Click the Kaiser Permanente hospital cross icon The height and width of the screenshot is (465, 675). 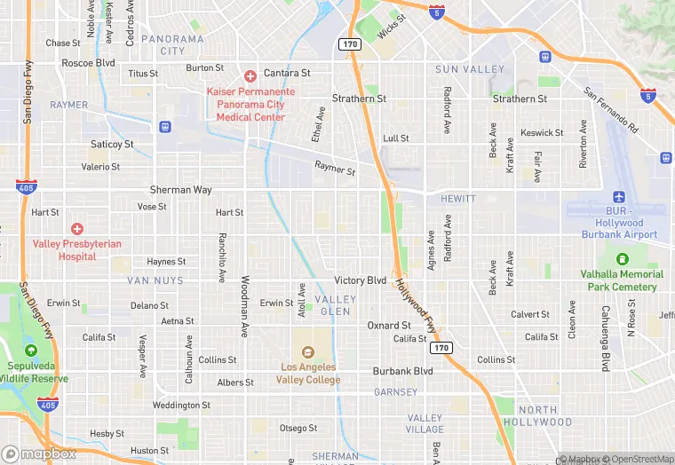coord(250,76)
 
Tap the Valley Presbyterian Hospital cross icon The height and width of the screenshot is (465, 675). coord(77,229)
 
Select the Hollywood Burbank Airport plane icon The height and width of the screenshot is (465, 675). coord(619,197)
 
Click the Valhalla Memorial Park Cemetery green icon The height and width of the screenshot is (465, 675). coord(622,259)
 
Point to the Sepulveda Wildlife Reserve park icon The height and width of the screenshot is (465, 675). coord(31,351)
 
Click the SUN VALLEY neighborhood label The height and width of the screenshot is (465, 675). coord(470,69)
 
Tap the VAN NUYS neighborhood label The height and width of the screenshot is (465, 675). coord(155,280)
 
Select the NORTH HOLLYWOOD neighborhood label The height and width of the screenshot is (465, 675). coord(538,416)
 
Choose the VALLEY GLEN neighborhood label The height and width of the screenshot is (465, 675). coord(335,305)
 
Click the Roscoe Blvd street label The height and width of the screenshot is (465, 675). coord(88,63)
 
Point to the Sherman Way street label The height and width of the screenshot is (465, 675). coord(180,190)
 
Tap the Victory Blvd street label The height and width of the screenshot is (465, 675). coord(360,280)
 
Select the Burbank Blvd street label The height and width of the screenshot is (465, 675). coord(402,371)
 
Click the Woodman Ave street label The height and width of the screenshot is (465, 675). coord(244,306)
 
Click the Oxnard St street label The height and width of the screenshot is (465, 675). coord(388,326)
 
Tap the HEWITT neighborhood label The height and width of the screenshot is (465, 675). coord(457,200)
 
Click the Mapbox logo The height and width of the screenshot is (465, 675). coord(39,453)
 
